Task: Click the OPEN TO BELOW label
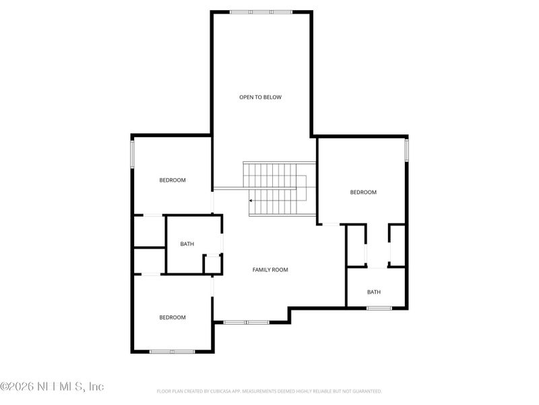tap(260, 97)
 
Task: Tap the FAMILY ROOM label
tap(270, 270)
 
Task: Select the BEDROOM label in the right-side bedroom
tap(363, 192)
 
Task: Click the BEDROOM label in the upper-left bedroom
tap(172, 180)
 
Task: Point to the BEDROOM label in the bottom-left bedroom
tap(172, 317)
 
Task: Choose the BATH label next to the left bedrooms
tap(187, 244)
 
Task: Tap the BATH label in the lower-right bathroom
tap(374, 292)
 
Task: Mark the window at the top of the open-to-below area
tap(261, 11)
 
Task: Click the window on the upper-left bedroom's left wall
tap(132, 154)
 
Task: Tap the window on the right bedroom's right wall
tap(407, 150)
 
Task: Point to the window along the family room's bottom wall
tap(246, 322)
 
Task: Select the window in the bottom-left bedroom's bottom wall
tap(172, 351)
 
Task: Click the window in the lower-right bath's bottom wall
tap(379, 308)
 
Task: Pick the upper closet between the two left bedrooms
tap(149, 232)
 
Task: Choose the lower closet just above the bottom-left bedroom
tap(149, 261)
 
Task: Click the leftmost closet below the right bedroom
tap(355, 246)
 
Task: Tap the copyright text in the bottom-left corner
tap(53, 387)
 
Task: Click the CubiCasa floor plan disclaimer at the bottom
tap(269, 391)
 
